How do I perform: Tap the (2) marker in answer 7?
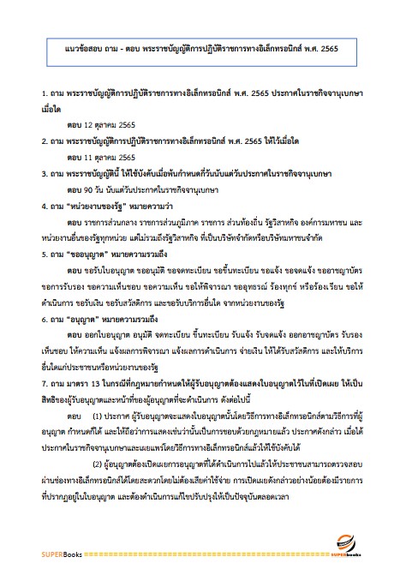click(x=96, y=480)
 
